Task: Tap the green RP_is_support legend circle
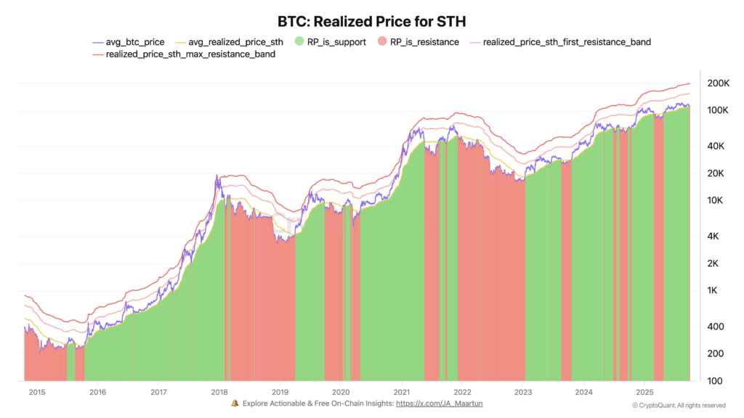[300, 42]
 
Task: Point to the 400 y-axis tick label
[715, 327]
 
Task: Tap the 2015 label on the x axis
[37, 392]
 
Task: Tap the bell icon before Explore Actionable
[235, 403]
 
